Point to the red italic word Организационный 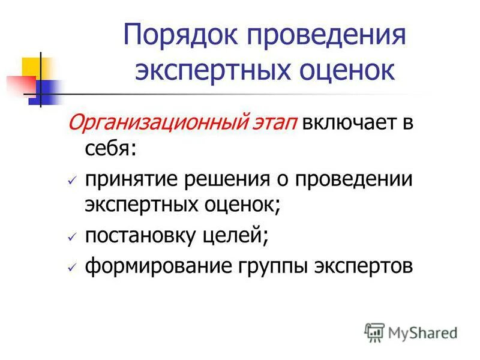pyautogui.click(x=155, y=124)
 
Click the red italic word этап pyautogui.click(x=271, y=124)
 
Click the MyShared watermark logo pyautogui.click(x=410, y=331)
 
